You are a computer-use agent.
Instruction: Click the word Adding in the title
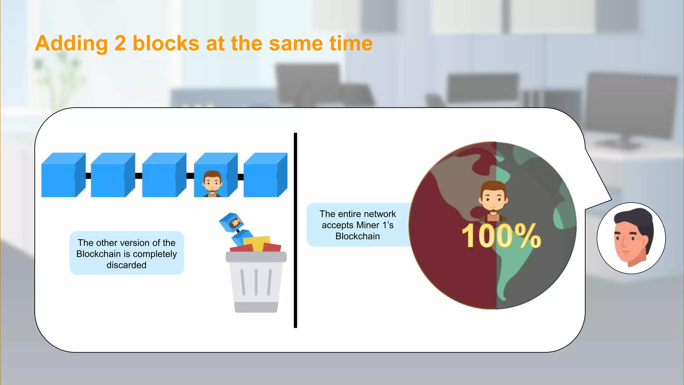(x=71, y=44)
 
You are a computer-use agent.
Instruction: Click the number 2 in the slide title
(x=120, y=44)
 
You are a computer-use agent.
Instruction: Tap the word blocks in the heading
(x=166, y=44)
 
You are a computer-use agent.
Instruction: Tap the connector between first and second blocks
(x=88, y=176)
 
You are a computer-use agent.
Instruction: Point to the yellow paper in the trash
(x=256, y=242)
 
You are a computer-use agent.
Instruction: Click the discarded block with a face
(x=230, y=222)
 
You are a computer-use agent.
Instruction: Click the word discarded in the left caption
(x=126, y=265)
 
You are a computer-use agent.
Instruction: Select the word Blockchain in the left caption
(x=98, y=254)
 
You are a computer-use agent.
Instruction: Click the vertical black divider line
(x=295, y=231)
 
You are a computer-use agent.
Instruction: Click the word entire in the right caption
(x=351, y=214)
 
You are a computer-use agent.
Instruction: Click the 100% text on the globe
(x=501, y=236)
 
